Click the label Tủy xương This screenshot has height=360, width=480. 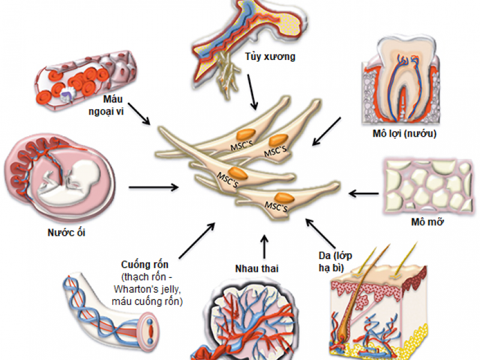click(x=270, y=58)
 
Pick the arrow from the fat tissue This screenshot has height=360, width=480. click(x=364, y=193)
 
